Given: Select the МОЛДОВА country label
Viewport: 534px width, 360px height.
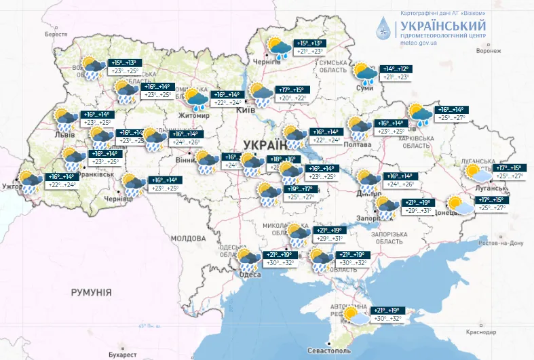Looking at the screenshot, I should point(188,239).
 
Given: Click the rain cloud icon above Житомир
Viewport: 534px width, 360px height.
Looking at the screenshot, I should point(196,98).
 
